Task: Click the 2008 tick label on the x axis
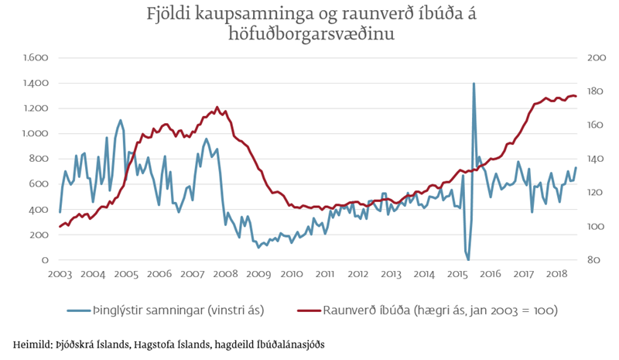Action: tap(226, 274)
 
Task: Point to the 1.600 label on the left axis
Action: tap(36, 58)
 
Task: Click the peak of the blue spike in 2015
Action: tap(474, 84)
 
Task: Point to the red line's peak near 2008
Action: tap(217, 107)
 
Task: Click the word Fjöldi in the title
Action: tap(168, 13)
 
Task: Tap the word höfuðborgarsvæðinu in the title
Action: tap(311, 33)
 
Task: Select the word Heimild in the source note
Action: tap(33, 344)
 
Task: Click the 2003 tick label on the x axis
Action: tap(60, 274)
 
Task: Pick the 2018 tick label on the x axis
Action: tap(557, 274)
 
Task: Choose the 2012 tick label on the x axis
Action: tap(358, 274)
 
